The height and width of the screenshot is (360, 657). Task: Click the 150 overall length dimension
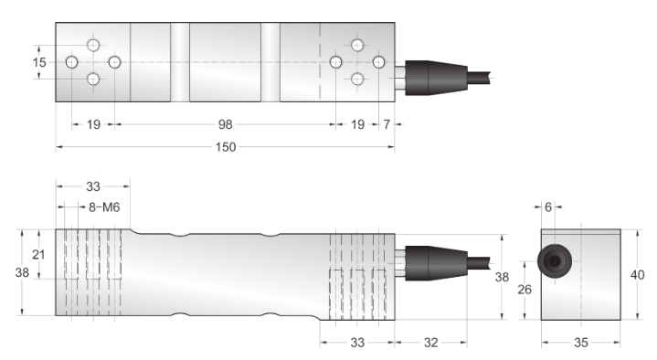coord(223,147)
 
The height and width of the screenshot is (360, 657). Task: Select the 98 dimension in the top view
coord(223,124)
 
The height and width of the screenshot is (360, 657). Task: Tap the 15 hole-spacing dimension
coord(38,62)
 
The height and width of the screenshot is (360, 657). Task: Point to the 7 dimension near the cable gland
coord(387,124)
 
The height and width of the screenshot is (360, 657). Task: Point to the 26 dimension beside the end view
coord(525,290)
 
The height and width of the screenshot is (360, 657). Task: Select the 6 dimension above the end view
coord(548,208)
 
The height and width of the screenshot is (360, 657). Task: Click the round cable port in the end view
coord(554,262)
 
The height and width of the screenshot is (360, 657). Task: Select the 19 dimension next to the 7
coord(357,124)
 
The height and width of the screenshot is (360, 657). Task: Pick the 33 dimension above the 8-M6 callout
coord(93,186)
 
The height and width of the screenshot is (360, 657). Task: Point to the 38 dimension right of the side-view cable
coord(501,276)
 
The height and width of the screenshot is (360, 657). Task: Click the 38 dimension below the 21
coord(25,273)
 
